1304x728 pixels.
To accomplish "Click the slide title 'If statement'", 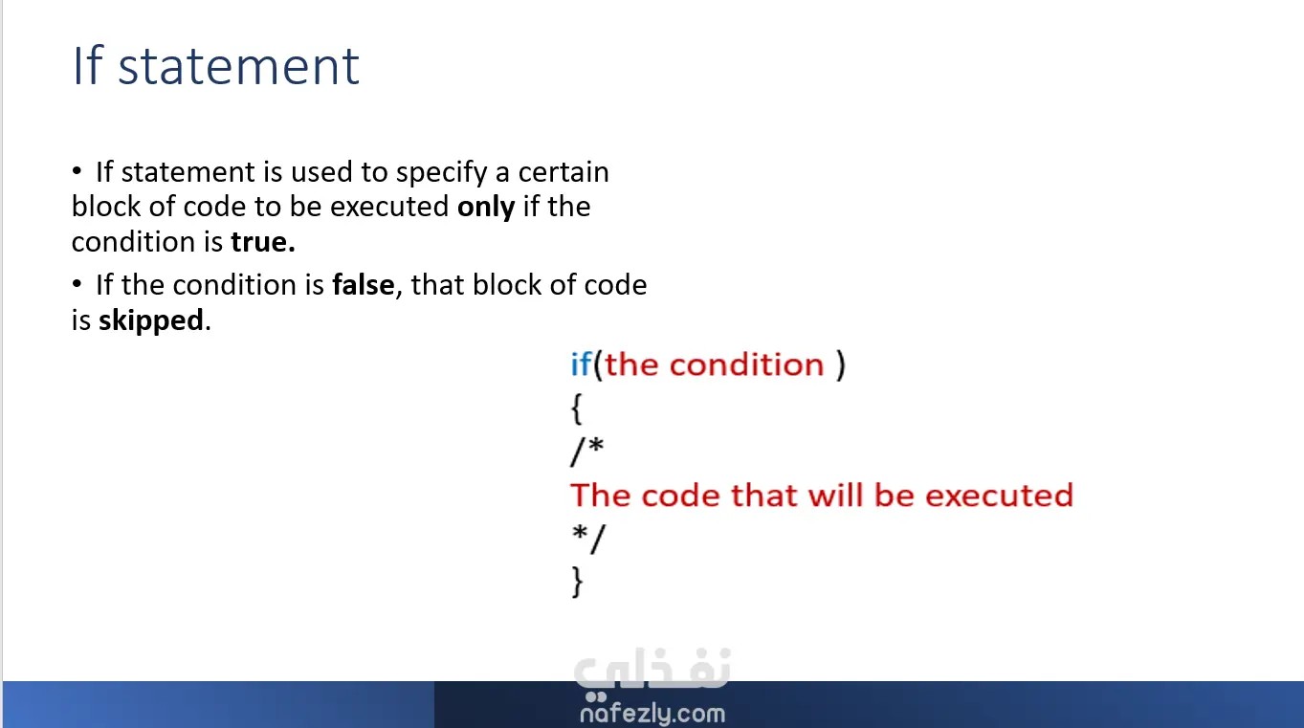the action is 215,66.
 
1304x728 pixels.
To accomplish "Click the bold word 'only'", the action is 486,208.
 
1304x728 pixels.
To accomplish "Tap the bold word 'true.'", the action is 263,242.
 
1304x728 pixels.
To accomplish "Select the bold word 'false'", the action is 364,285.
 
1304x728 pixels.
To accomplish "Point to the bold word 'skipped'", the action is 151,321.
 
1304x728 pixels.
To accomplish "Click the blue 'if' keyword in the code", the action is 581,364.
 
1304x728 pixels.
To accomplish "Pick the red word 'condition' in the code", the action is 747,364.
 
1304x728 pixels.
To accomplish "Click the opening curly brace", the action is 576,408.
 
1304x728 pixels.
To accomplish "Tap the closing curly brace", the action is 577,582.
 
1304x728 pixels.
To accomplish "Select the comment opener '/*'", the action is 586,451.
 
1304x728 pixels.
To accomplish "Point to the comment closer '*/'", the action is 588,539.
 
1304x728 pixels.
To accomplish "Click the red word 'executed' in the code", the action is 999,496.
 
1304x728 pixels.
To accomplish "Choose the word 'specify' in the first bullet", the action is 441,173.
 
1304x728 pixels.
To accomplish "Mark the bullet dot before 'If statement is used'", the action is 77,171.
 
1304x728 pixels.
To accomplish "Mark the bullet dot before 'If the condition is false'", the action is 77,284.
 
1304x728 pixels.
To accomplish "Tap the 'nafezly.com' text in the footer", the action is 652,714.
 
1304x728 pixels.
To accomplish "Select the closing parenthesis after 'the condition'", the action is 841,365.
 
